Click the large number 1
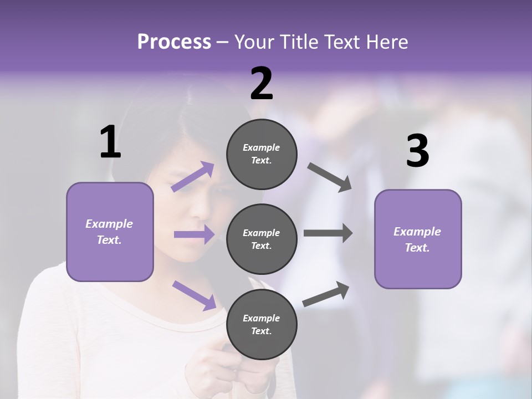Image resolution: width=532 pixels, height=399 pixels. pyautogui.click(x=110, y=142)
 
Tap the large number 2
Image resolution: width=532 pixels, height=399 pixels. pyautogui.click(x=262, y=84)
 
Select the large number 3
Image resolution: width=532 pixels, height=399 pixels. pyautogui.click(x=417, y=151)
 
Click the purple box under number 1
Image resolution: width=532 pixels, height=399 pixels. pyautogui.click(x=110, y=232)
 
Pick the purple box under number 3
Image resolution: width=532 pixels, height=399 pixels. pyautogui.click(x=418, y=239)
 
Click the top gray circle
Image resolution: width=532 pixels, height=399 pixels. pyautogui.click(x=262, y=154)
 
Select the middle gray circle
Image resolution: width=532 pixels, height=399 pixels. pyautogui.click(x=262, y=239)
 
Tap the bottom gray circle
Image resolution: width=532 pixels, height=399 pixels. pyautogui.click(x=262, y=324)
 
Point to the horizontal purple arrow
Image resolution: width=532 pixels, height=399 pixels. pyautogui.click(x=194, y=234)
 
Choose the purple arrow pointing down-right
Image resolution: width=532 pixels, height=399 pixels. pyautogui.click(x=194, y=295)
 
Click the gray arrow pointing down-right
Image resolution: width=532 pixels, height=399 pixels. pyautogui.click(x=330, y=177)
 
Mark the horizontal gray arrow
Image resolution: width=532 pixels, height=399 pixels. pyautogui.click(x=328, y=233)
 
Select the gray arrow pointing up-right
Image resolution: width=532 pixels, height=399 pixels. pyautogui.click(x=326, y=294)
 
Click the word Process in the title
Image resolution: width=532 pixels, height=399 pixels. pyautogui.click(x=174, y=42)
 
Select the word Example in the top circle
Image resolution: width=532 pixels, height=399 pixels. pyautogui.click(x=261, y=147)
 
